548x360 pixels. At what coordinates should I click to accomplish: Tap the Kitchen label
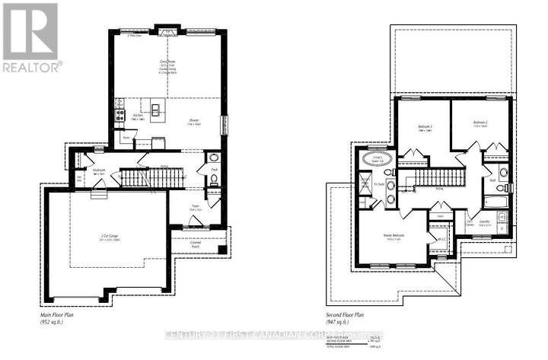[139, 117]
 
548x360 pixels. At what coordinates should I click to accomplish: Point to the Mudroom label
[100, 172]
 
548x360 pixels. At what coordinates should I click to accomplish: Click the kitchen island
[157, 108]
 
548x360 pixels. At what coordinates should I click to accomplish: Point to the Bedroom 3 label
[426, 129]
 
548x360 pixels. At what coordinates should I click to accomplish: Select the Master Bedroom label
[393, 237]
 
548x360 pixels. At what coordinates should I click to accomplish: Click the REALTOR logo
[30, 38]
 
